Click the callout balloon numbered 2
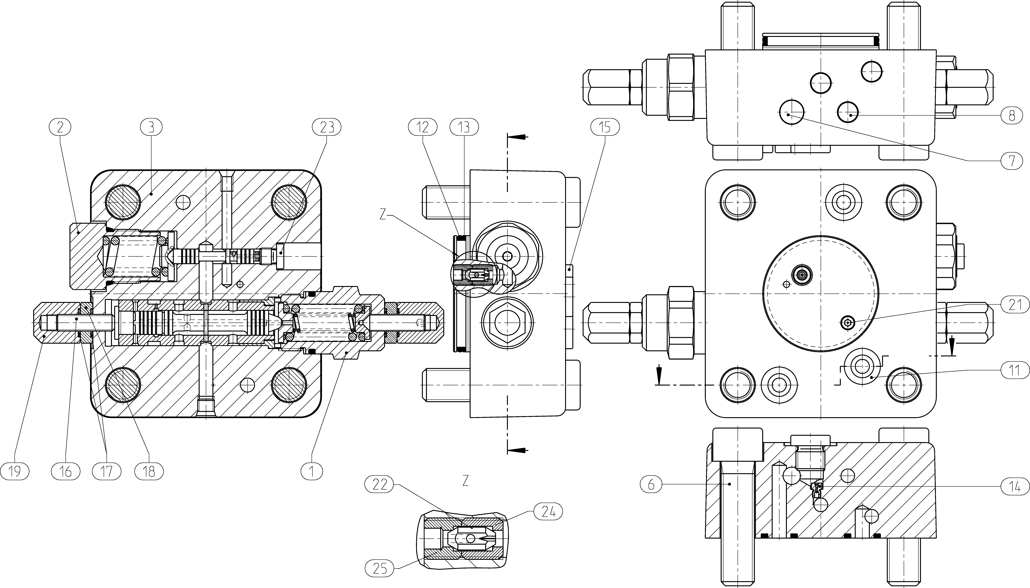click(60, 127)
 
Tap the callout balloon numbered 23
click(327, 127)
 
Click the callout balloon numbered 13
click(464, 127)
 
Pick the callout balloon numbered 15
click(605, 127)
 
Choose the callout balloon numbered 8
click(1011, 116)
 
